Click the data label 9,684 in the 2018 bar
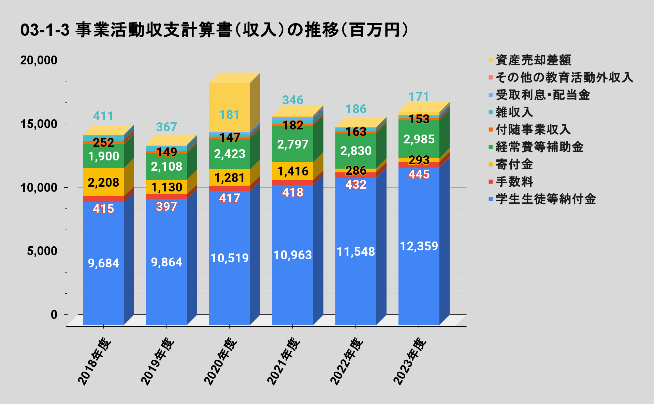pos(103,263)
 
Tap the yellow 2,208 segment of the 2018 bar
pos(103,183)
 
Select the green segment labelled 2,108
pos(166,167)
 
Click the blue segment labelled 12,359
pos(419,246)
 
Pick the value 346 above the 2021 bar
pos(293,100)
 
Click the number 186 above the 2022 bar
pos(356,109)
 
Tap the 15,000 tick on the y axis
pos(39,124)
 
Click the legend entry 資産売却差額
pos(533,60)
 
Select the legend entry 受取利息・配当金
pos(542,95)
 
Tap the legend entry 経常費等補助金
pos(539,147)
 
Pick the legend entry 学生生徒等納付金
pos(546,199)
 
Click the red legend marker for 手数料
pos(491,182)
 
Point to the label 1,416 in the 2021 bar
pos(293,171)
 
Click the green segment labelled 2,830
pos(356,151)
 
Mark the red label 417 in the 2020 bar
pos(230,198)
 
